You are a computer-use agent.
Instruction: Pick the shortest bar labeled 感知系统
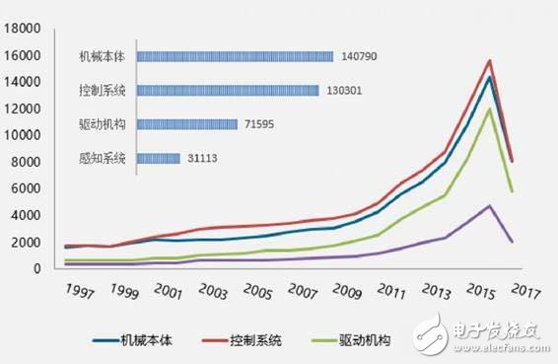click(158, 158)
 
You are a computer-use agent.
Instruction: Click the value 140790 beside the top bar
click(362, 56)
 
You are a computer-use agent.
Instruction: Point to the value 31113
click(203, 158)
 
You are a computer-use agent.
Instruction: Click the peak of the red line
click(489, 61)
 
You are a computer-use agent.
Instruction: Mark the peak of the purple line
click(489, 205)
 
